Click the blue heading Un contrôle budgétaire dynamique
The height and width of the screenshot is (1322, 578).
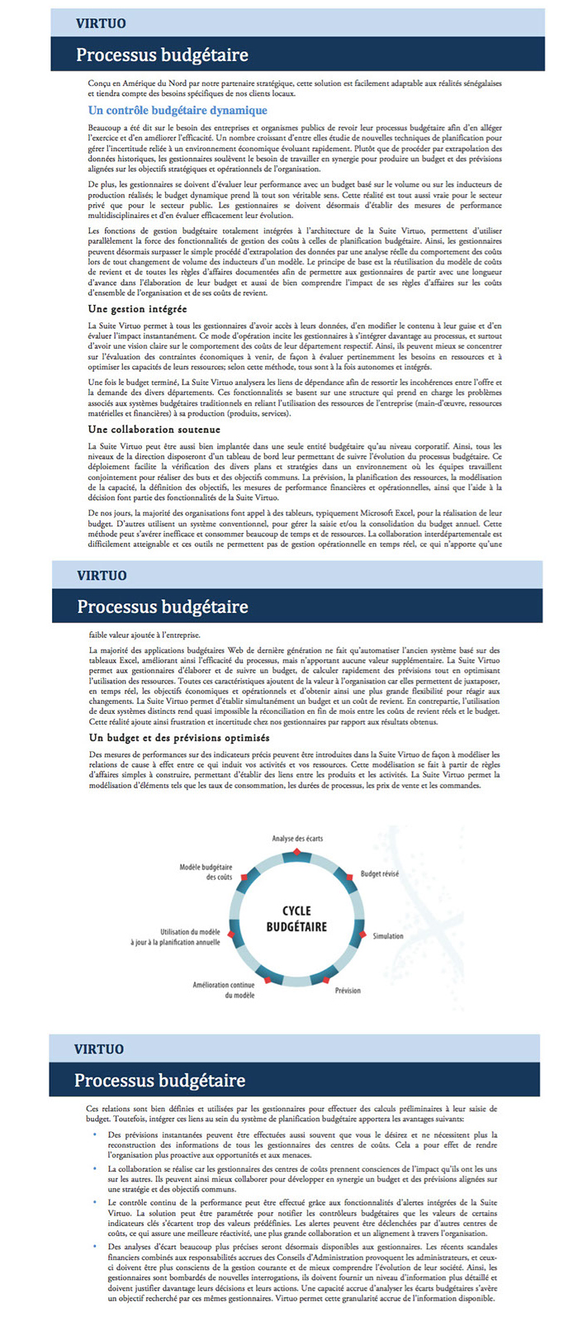pos(178,110)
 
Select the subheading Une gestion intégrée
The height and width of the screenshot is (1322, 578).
pos(137,309)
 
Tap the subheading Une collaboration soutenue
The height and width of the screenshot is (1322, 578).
pos(154,430)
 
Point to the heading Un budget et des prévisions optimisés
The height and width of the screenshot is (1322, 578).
pos(179,738)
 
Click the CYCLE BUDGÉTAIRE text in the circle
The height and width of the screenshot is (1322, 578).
pos(296,919)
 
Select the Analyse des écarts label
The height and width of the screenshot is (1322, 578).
pos(297,839)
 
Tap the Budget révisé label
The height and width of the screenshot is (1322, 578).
pos(379,873)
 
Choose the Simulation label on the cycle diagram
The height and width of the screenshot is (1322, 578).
pos(388,936)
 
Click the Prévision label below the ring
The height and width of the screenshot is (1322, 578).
pos(348,990)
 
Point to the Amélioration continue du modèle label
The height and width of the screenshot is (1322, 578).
pos(224,990)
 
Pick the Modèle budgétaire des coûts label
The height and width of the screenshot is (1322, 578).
pos(206,872)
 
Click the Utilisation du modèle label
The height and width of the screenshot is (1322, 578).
pos(176,937)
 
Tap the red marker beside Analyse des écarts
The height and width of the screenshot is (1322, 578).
pos(296,852)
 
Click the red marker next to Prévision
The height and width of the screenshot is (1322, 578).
pos(325,979)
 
